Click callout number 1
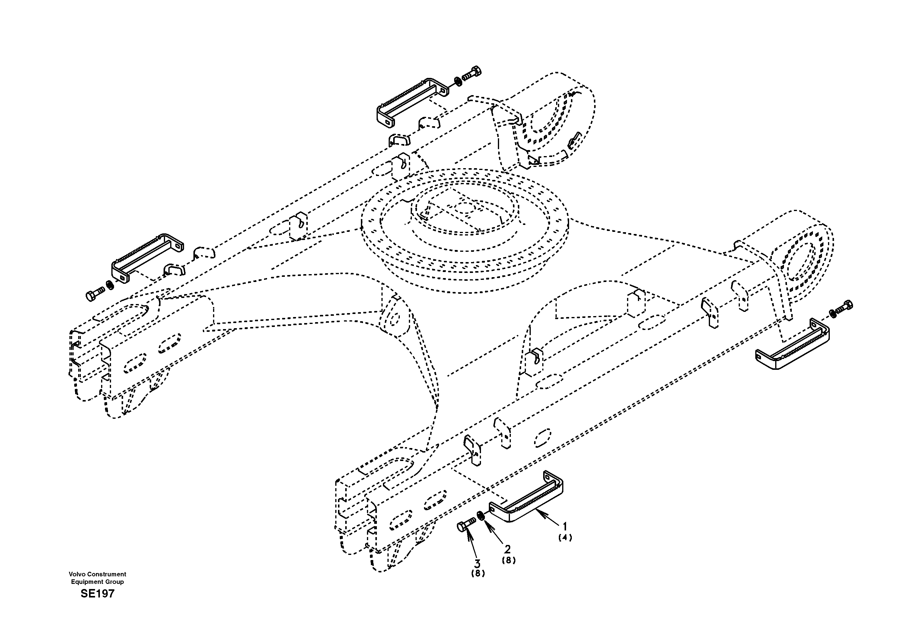[564, 527]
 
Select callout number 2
[507, 549]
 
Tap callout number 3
[477, 564]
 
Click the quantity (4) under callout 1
[565, 538]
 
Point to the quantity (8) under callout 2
[508, 560]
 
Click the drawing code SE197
[97, 594]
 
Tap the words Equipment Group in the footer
[97, 581]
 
